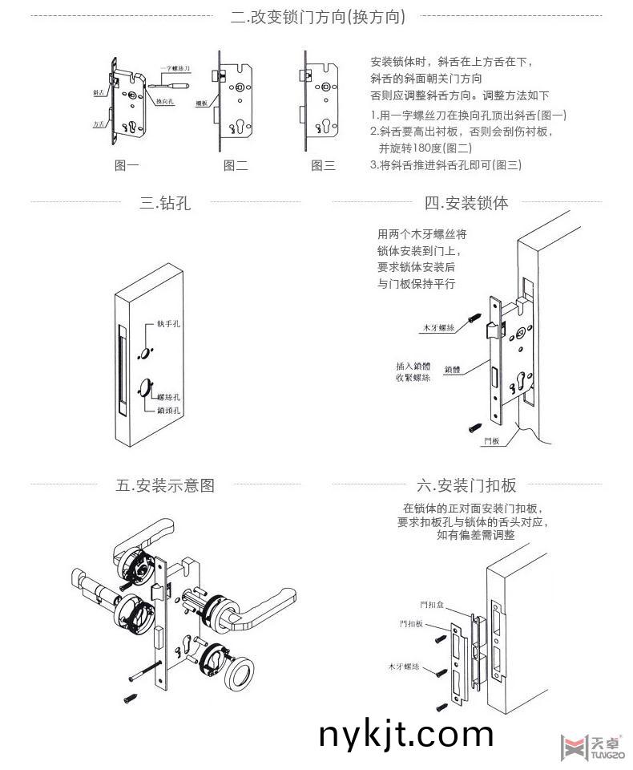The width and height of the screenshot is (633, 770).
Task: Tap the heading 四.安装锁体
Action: tap(466, 203)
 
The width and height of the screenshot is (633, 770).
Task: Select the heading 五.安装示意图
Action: tap(165, 485)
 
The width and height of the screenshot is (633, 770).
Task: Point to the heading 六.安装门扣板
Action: tap(466, 485)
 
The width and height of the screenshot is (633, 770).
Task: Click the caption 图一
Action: tap(127, 166)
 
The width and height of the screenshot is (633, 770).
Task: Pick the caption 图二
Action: tap(236, 166)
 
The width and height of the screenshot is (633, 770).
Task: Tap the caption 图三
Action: tap(323, 166)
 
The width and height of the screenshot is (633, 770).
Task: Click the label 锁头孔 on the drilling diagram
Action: tap(168, 410)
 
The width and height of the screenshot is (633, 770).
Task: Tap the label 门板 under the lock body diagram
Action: tap(492, 441)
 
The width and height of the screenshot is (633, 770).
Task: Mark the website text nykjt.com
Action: tap(405, 734)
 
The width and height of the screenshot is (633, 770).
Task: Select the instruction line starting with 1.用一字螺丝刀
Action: tap(469, 115)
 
